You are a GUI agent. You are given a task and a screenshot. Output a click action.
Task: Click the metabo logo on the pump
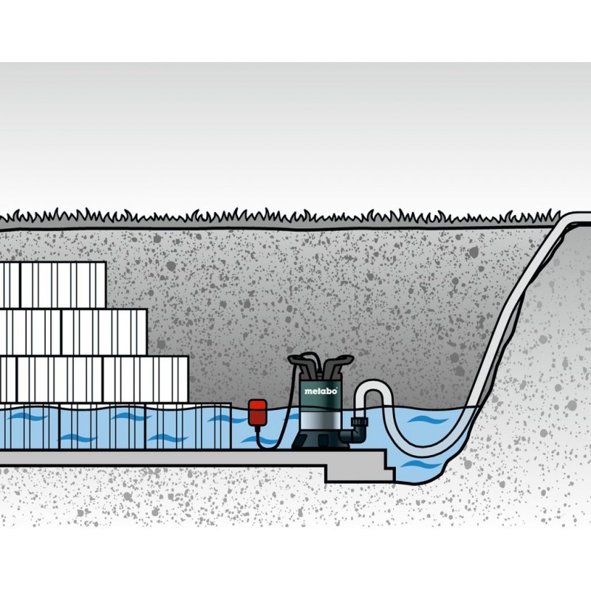(320, 392)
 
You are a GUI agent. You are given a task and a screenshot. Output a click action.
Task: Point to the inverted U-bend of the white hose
(371, 388)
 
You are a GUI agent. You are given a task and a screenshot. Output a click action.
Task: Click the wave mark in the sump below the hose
(417, 465)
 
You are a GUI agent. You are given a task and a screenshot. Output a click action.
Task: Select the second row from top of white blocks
(74, 331)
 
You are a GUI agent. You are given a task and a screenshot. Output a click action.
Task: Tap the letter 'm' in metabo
(307, 392)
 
